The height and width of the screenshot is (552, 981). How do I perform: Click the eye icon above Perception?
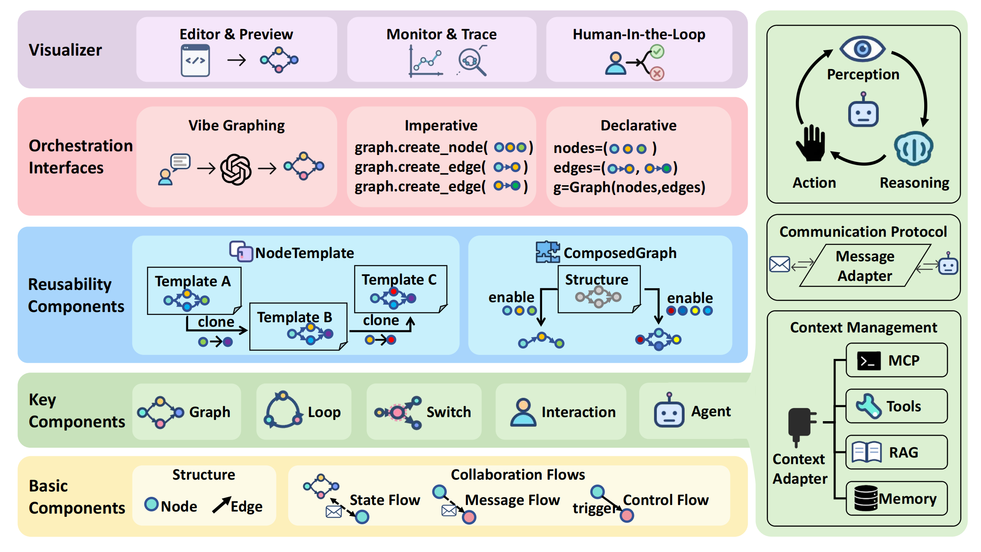pos(862,49)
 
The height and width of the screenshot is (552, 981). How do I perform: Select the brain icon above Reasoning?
pos(914,148)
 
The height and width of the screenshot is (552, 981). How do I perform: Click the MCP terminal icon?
pos(869,361)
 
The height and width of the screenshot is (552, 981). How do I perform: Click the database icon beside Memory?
pos(866,498)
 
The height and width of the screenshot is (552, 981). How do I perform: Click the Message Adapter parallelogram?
pos(865,266)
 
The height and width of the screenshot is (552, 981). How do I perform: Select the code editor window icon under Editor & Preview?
pos(195,61)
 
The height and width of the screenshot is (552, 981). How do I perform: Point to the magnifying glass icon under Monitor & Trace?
pos(472,62)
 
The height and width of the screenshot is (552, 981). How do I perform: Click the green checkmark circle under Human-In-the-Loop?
pos(657,52)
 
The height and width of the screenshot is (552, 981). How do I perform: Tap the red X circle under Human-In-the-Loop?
pos(657,74)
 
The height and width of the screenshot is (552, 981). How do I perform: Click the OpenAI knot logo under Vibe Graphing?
pos(236,169)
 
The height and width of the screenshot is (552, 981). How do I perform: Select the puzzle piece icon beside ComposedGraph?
pos(548,252)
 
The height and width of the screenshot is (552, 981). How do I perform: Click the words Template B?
pos(294,317)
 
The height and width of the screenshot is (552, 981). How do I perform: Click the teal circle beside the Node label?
pos(151,504)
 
